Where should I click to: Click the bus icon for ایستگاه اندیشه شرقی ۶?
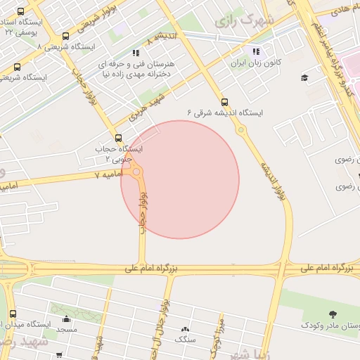tap(224, 102)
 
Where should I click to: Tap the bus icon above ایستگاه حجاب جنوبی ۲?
tap(117, 138)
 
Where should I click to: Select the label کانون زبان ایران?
tap(257, 63)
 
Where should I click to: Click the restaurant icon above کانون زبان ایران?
tap(257, 51)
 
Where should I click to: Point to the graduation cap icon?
tap(304, 77)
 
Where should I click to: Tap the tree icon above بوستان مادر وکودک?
tap(332, 314)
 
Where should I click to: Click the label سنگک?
tap(186, 340)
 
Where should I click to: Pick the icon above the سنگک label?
tap(186, 329)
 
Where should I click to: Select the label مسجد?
tap(67, 329)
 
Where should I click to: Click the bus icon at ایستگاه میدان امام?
tap(12, 314)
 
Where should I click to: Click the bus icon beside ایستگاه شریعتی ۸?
tap(65, 37)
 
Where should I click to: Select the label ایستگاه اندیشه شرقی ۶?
tap(225, 112)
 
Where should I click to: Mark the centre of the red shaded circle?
tap(180, 179)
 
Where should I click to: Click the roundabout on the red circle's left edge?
tap(136, 171)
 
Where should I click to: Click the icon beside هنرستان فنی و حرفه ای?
tap(136, 53)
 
